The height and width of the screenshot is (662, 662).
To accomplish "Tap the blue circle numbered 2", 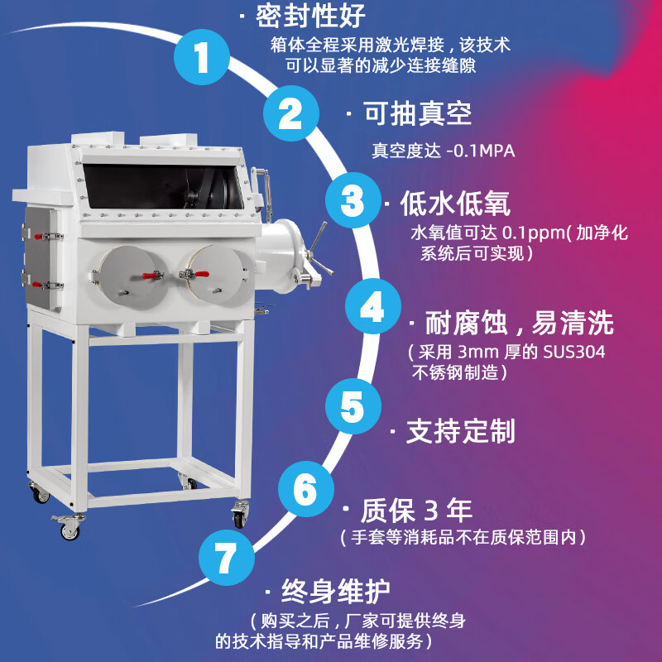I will pyautogui.click(x=290, y=113).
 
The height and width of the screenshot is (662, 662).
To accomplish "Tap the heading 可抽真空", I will pyautogui.click(x=419, y=113).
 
